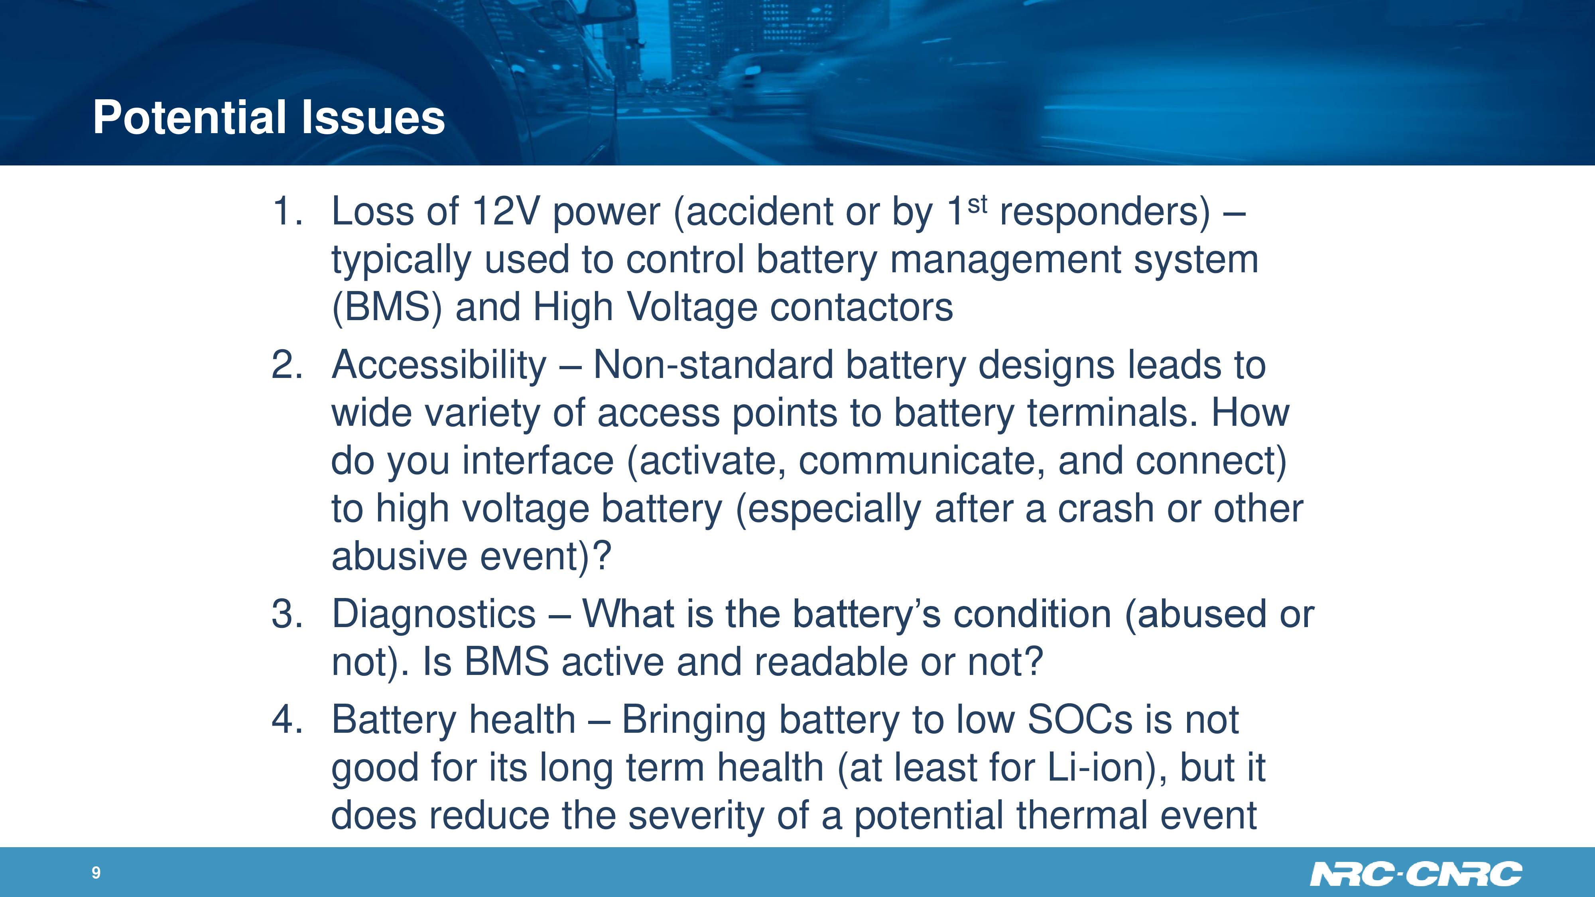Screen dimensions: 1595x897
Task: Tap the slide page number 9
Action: (x=96, y=872)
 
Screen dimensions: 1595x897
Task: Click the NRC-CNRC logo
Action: (x=1416, y=873)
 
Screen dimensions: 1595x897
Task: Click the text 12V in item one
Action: (x=505, y=211)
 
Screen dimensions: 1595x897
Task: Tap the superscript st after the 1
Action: (x=977, y=204)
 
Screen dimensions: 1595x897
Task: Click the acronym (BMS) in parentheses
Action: (x=387, y=308)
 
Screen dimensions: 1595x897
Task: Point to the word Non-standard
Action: (x=713, y=365)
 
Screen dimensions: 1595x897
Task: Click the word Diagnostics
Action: (x=433, y=615)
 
